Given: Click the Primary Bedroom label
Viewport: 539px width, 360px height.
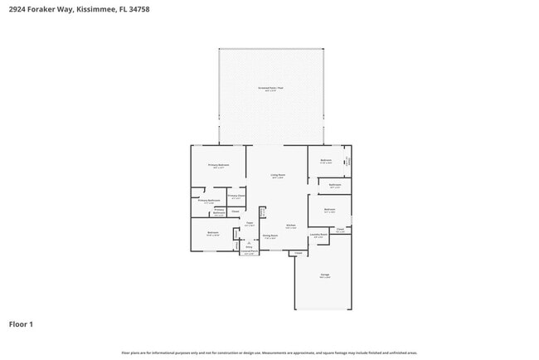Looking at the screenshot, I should pyautogui.click(x=218, y=166).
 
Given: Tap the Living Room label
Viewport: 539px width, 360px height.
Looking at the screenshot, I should pyautogui.click(x=278, y=176).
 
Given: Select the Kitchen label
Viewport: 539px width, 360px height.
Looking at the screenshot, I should pyautogui.click(x=291, y=226).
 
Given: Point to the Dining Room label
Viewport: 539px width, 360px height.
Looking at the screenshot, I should pyautogui.click(x=270, y=236).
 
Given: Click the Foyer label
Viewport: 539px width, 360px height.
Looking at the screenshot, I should pyautogui.click(x=249, y=223).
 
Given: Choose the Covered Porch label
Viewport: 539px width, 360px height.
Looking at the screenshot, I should pyautogui.click(x=249, y=252).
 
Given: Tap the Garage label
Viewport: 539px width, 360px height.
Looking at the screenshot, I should pyautogui.click(x=325, y=275).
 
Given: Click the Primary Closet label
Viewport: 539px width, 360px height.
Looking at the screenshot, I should pyautogui.click(x=236, y=196).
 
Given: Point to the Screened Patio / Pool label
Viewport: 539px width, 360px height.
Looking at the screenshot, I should pyautogui.click(x=269, y=87).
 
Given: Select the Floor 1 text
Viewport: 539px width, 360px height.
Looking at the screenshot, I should pyautogui.click(x=22, y=324).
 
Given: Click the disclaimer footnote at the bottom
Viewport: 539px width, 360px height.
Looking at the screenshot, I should pyautogui.click(x=269, y=353).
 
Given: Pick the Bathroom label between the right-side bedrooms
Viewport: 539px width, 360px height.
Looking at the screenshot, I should pyautogui.click(x=335, y=185).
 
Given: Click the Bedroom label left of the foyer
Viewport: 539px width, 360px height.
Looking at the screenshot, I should pyautogui.click(x=213, y=233).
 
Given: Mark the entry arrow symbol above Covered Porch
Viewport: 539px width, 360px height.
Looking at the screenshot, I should pyautogui.click(x=249, y=242).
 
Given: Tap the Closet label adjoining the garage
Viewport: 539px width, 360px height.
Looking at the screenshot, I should pyautogui.click(x=299, y=253).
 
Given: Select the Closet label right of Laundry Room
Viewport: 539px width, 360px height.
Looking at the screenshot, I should pyautogui.click(x=340, y=229).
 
